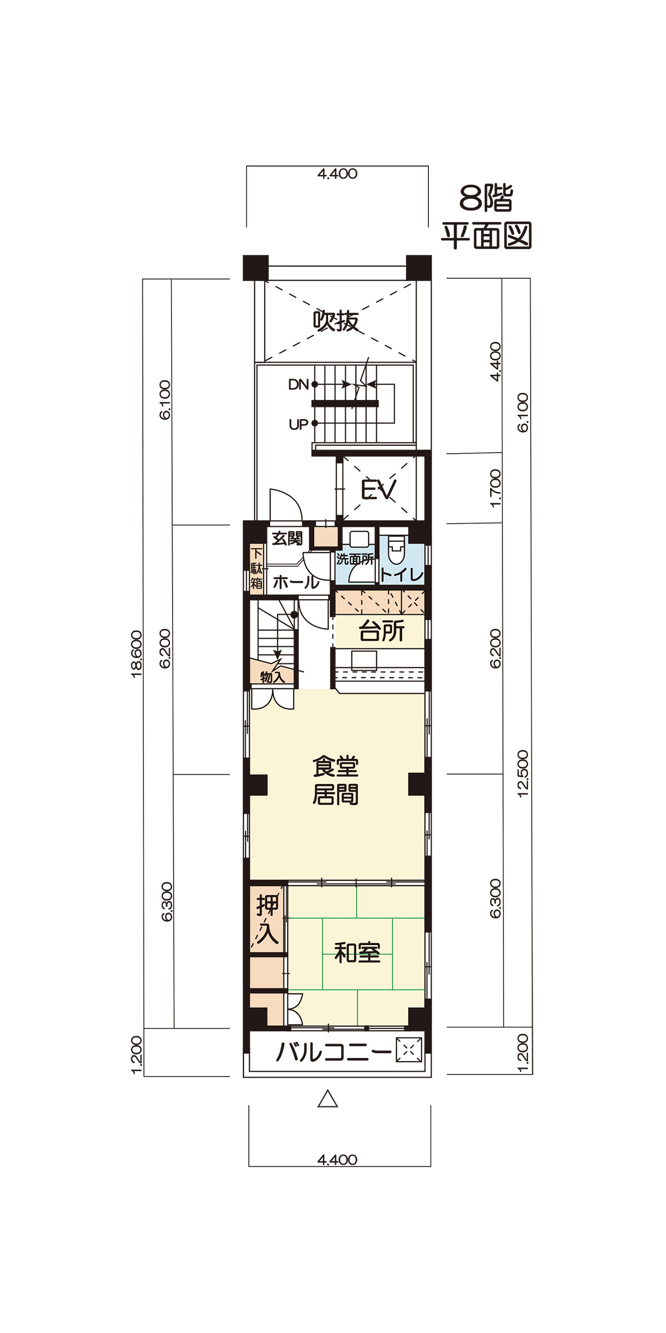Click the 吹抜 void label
pyautogui.click(x=336, y=321)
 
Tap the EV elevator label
pyautogui.click(x=379, y=489)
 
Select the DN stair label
pyautogui.click(x=298, y=384)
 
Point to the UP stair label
pyautogui.click(x=298, y=424)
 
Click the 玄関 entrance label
pyautogui.click(x=287, y=539)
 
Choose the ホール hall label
pyautogui.click(x=296, y=582)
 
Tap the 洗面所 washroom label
pyautogui.click(x=355, y=559)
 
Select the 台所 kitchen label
pyautogui.click(x=381, y=631)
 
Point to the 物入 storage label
pyautogui.click(x=272, y=677)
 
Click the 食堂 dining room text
pyautogui.click(x=336, y=767)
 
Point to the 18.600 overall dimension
pyautogui.click(x=137, y=654)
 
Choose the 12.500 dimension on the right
pyautogui.click(x=523, y=774)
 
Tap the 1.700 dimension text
pyautogui.click(x=495, y=488)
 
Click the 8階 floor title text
pyautogui.click(x=486, y=198)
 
